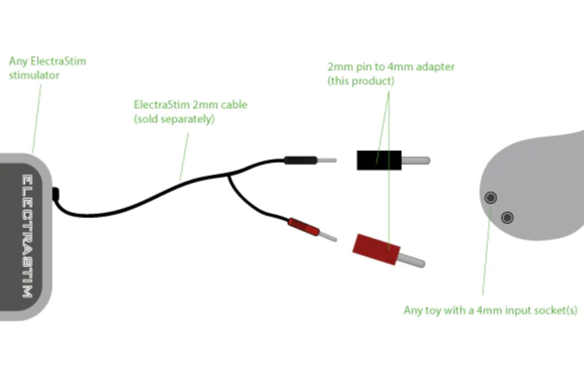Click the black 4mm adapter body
(x=379, y=159)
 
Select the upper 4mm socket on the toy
(x=491, y=197)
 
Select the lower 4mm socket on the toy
(x=507, y=217)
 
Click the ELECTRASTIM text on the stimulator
(x=26, y=235)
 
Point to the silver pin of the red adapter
(x=412, y=260)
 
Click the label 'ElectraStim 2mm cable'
(x=190, y=105)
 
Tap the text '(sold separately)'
(x=174, y=118)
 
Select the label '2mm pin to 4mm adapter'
(x=391, y=67)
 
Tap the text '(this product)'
(x=361, y=80)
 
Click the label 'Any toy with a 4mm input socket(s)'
(x=490, y=310)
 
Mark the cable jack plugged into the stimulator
(x=57, y=195)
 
